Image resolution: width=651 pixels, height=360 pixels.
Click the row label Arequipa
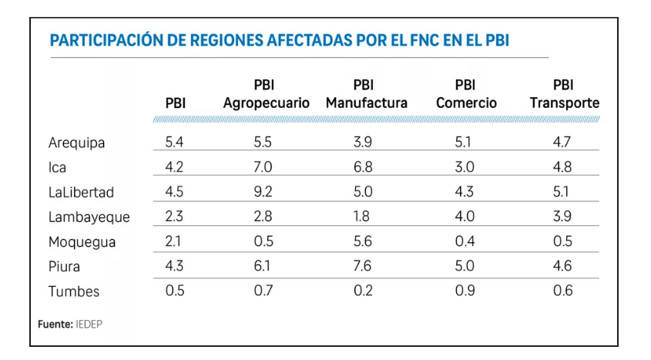point(76,143)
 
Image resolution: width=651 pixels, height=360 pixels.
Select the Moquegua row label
point(82,242)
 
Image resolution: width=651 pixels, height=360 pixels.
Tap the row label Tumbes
point(74,291)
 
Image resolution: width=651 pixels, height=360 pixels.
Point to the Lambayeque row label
point(89,217)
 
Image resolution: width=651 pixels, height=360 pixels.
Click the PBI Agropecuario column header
point(266,94)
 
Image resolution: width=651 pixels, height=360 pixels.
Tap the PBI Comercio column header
point(466,94)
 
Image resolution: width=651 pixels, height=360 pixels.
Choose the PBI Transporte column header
point(564,94)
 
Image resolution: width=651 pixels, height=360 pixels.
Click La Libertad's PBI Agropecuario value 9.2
point(263,192)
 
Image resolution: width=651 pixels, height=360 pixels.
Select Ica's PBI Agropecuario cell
point(263,167)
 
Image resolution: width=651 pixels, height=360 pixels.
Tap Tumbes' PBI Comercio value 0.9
point(465,291)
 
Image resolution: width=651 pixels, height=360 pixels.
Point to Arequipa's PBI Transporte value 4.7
point(562,143)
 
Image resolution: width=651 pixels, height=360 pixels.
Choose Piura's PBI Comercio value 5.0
point(465,266)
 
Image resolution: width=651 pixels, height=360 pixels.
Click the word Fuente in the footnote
point(55,325)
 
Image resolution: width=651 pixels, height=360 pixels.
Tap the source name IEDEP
point(89,325)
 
